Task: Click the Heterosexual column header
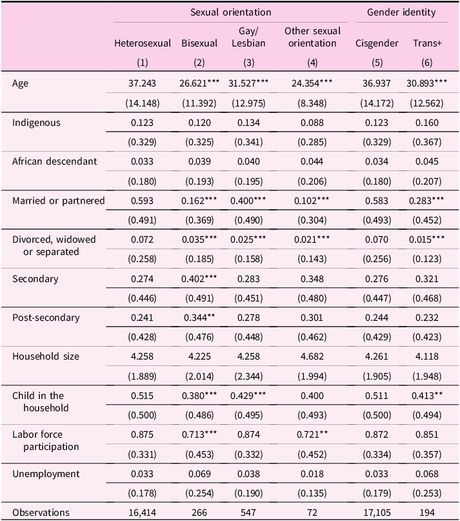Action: (143, 43)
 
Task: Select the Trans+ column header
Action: (427, 43)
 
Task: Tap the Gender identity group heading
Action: (401, 12)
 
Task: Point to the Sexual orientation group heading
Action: (230, 12)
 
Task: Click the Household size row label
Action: (46, 356)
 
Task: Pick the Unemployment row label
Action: (46, 474)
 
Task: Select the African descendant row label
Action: (54, 161)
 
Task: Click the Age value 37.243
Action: (142, 83)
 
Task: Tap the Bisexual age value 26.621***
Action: (199, 83)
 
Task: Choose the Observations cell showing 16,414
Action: (142, 513)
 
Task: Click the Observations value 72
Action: (312, 513)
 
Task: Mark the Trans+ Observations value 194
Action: (427, 513)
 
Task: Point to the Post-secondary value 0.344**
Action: (199, 318)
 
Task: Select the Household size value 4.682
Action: (312, 356)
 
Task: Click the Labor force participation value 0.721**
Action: (312, 434)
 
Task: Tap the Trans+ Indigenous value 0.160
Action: (427, 123)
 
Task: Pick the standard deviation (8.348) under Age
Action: (312, 103)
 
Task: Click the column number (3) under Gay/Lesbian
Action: (249, 63)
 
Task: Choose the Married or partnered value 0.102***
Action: (312, 201)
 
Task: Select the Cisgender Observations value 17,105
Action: (377, 513)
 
